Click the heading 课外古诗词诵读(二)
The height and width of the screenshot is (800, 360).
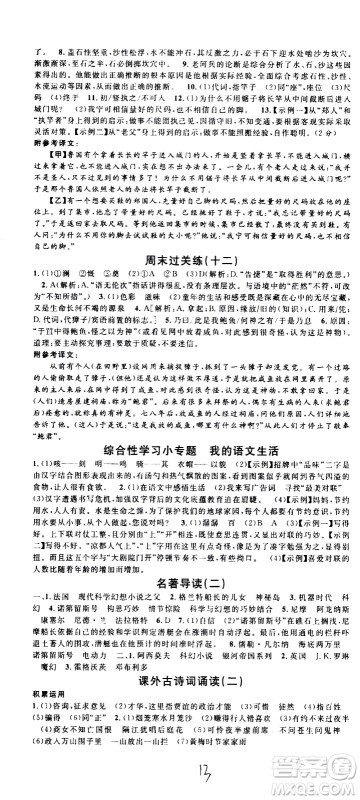(x=180, y=679)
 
